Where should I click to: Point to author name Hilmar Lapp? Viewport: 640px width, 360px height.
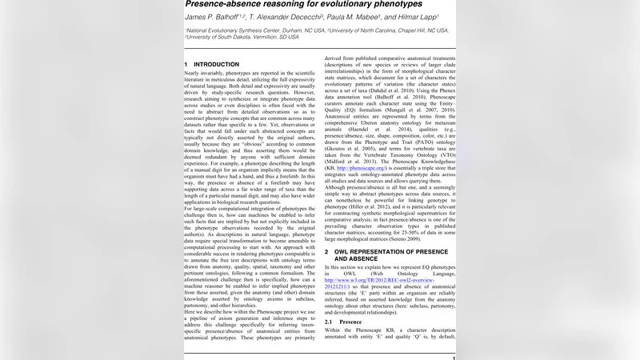[427, 18]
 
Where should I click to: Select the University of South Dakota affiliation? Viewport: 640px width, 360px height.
[241, 36]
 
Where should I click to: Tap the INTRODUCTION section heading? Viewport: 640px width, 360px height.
[212, 63]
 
